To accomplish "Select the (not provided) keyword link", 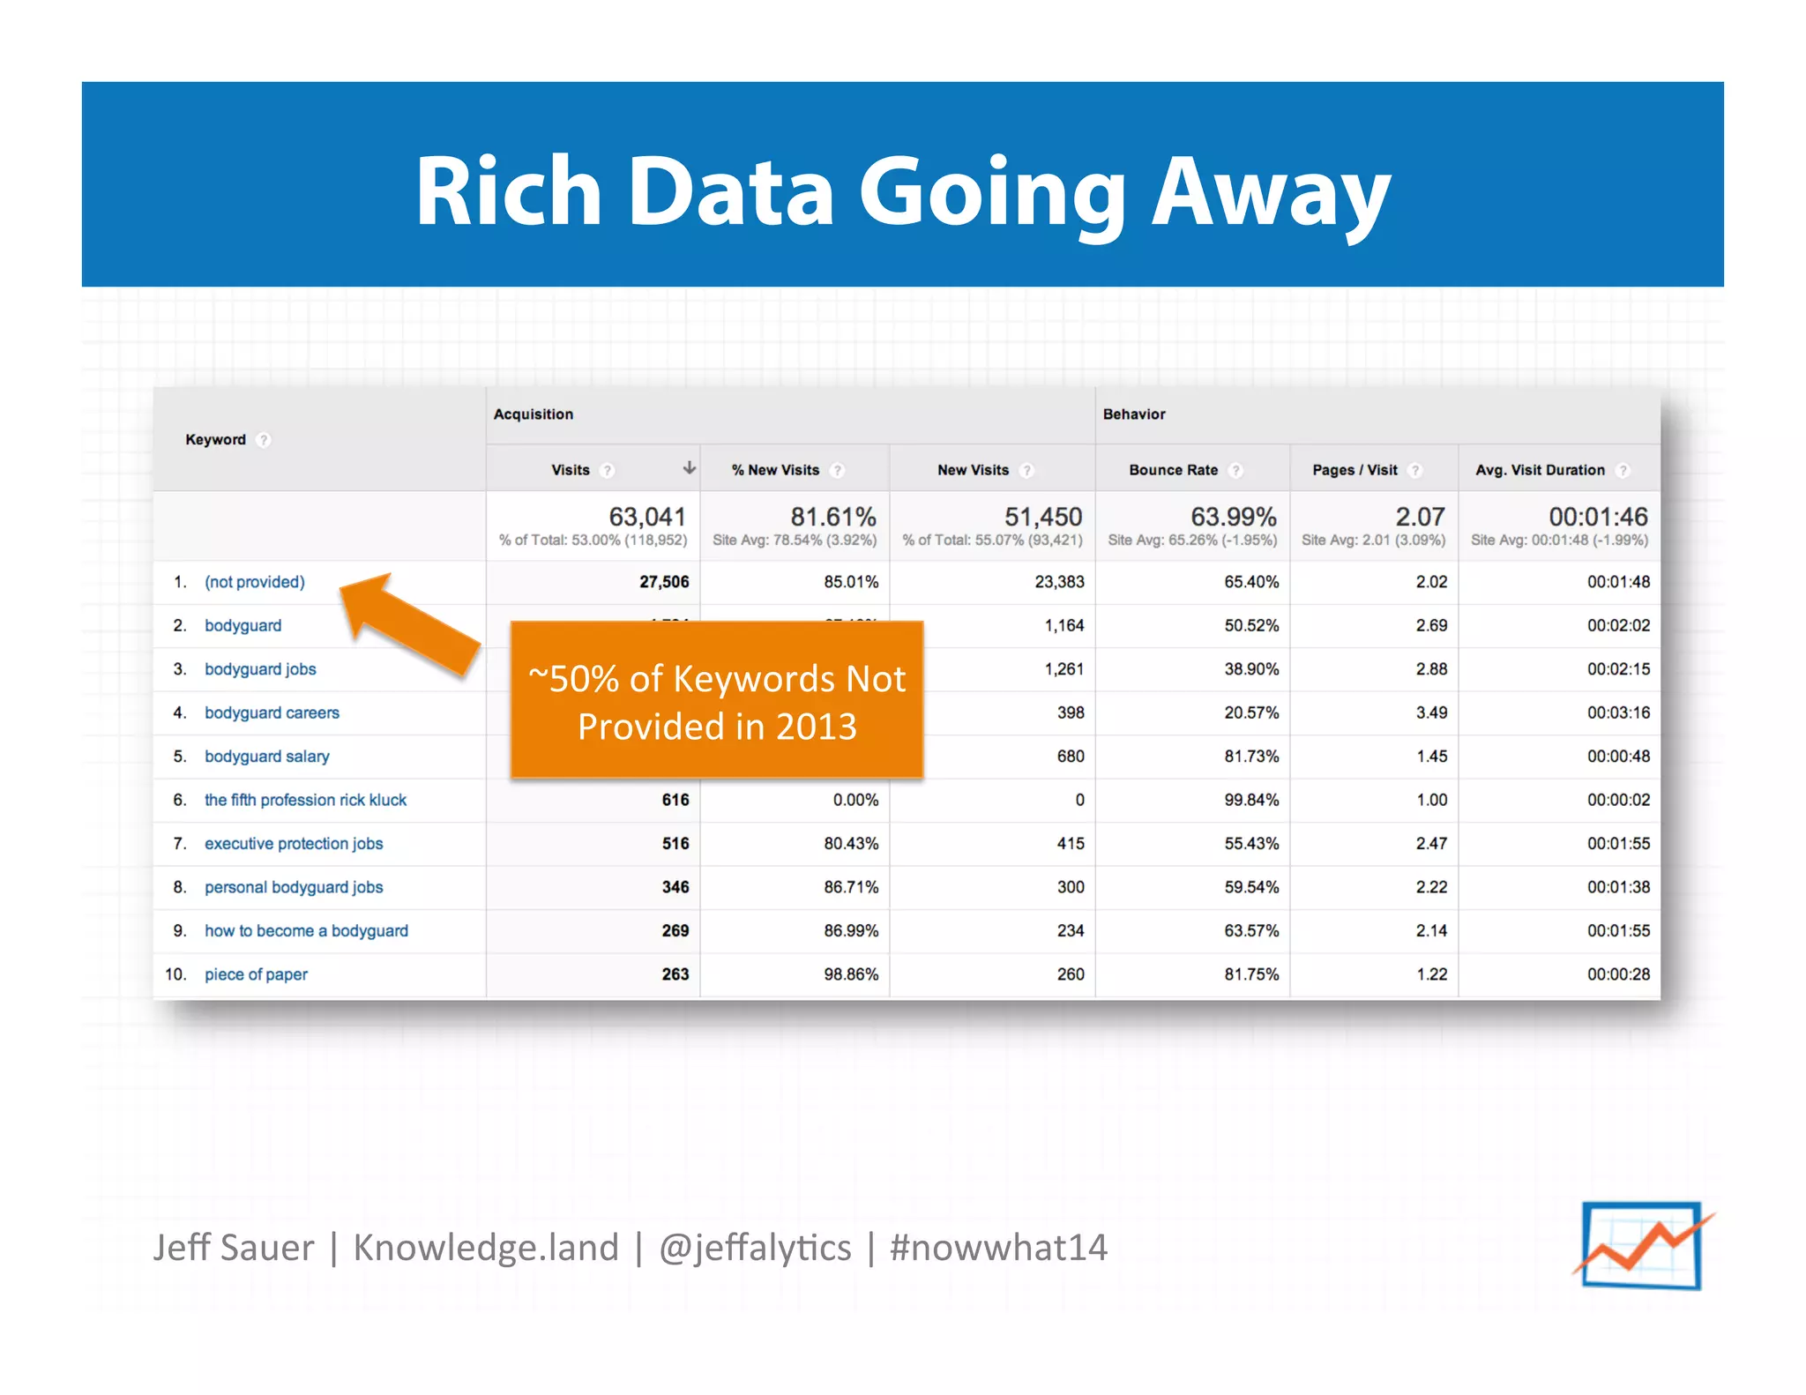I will pos(255,582).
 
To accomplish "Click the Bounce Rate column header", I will pos(1173,470).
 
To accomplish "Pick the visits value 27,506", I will pos(664,582).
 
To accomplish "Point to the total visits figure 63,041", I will pos(647,517).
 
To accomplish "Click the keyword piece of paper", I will pos(256,974).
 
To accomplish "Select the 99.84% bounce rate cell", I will pos(1250,800).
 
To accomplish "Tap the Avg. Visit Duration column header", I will pos(1540,470).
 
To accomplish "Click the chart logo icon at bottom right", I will pos(1642,1245).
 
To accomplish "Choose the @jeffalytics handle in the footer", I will pos(755,1248).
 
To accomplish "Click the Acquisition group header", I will pos(533,414).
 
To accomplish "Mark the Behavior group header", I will pos(1134,414).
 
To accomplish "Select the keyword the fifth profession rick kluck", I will pos(305,800).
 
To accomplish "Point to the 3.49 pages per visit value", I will pos(1431,712).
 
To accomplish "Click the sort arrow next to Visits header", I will pos(690,468).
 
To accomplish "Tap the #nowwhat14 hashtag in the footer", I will pos(998,1248).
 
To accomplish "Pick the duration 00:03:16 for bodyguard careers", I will pos(1618,712).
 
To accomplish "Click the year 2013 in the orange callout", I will pos(816,727).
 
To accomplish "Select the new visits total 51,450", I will pos(1043,517).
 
